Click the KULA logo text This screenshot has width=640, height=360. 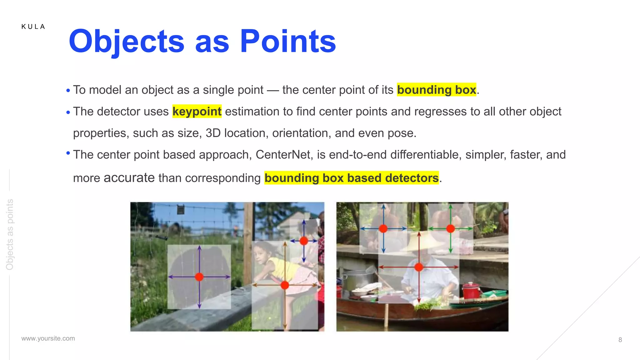pos(33,27)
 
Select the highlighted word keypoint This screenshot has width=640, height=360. pos(197,112)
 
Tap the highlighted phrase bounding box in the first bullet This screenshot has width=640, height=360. pos(436,90)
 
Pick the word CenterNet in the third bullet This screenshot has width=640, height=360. pos(283,155)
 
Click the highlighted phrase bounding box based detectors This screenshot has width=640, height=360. pos(352,178)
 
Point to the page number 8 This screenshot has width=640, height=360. pos(620,340)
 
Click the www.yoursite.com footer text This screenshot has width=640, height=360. pos(48,338)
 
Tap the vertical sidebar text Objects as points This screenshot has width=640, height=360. pos(10,234)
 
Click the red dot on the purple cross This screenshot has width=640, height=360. pos(199,277)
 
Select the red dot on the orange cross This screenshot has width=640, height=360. pos(285,285)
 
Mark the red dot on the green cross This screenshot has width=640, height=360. pos(450,229)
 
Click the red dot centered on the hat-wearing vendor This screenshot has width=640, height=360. pos(419,267)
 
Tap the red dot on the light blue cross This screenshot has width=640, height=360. pos(383,229)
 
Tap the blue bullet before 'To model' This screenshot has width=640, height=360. pos(68,91)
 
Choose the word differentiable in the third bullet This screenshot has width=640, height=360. pos(426,155)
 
